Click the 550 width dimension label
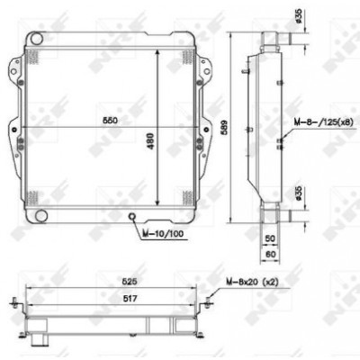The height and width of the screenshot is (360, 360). [x=110, y=121]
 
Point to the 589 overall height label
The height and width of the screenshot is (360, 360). [x=225, y=128]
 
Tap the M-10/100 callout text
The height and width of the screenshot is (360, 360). [x=163, y=233]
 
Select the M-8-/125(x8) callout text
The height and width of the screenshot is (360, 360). [x=322, y=122]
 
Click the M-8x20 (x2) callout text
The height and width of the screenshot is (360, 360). [x=252, y=282]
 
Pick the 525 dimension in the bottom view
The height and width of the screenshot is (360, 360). [x=129, y=282]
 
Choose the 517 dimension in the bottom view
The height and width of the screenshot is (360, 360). [x=129, y=299]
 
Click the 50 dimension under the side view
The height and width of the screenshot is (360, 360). [x=270, y=238]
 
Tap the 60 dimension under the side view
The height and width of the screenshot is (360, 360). [x=270, y=255]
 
